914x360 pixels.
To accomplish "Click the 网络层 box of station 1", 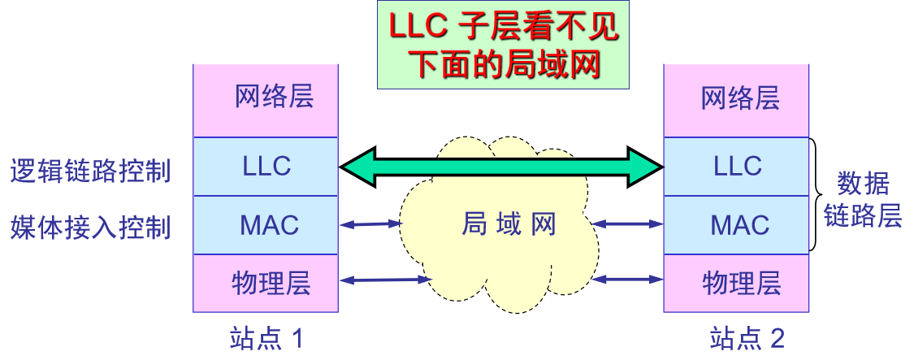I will [x=266, y=100].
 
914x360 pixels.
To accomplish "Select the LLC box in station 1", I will [x=266, y=167].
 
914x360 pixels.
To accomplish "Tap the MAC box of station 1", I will [x=266, y=225].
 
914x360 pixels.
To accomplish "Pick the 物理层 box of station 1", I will [x=266, y=283].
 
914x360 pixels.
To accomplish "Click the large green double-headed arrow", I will [x=501, y=167].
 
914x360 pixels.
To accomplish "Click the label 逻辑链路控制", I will [x=90, y=171].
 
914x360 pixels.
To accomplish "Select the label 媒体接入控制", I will [x=90, y=228].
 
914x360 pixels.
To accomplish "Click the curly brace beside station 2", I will [x=817, y=195].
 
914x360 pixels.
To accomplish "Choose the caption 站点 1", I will [x=266, y=338].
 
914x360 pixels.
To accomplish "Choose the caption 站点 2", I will [x=747, y=338].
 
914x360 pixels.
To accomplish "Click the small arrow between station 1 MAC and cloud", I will [x=371, y=223].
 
